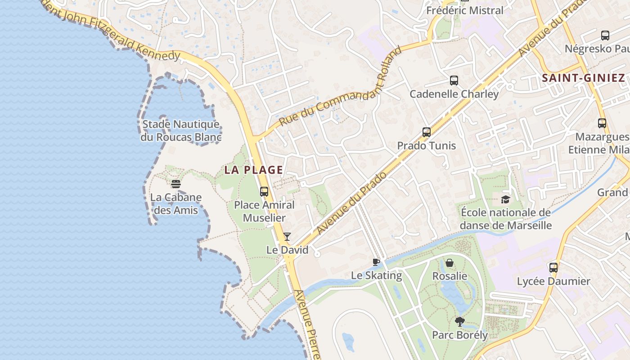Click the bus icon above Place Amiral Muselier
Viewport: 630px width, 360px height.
tap(264, 192)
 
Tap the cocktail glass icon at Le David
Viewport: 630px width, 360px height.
tap(287, 237)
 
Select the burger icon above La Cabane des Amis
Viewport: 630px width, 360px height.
tap(176, 184)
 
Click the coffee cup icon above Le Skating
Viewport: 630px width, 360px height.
tap(376, 262)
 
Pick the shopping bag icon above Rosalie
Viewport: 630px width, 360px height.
tap(450, 263)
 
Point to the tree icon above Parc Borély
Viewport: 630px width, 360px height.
tap(459, 321)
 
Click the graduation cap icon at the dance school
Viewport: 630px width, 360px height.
tap(506, 199)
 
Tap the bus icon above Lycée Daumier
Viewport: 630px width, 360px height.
tap(553, 268)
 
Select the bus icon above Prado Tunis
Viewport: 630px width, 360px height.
tap(427, 132)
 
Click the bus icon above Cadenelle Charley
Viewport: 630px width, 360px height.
tap(454, 81)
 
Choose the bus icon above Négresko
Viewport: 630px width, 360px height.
tap(605, 35)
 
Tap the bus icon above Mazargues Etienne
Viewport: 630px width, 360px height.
tap(602, 123)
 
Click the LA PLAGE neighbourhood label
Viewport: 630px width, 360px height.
tap(254, 170)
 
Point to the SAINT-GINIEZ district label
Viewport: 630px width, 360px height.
tap(583, 78)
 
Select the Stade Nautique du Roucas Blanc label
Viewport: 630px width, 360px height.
tap(181, 130)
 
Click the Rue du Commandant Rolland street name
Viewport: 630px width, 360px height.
tap(340, 86)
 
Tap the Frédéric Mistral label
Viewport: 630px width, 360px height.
tap(465, 10)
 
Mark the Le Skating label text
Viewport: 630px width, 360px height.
tap(376, 275)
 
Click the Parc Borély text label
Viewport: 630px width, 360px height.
tap(460, 335)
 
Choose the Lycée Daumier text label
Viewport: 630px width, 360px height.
tap(553, 281)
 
